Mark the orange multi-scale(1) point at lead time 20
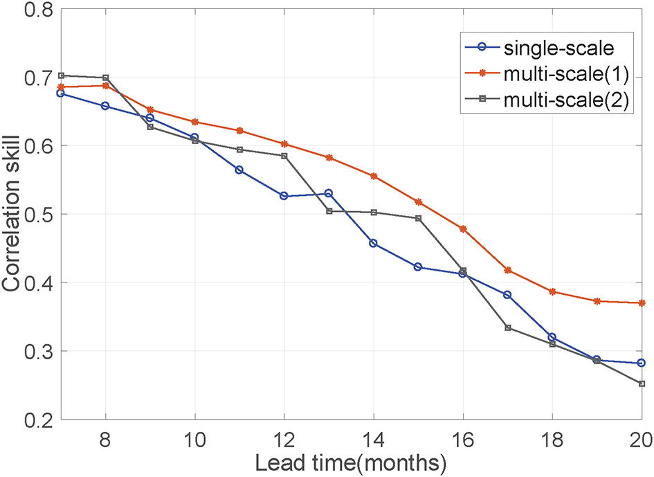[x=642, y=303]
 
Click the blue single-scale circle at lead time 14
[x=374, y=243]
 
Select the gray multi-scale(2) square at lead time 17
[x=508, y=327]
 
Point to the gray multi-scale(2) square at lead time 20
[x=642, y=384]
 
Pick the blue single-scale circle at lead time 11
[x=239, y=170]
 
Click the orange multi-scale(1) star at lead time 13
[x=329, y=158]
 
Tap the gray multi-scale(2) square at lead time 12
[x=284, y=156]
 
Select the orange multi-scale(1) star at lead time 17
[x=508, y=270]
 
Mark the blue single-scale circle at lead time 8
[x=105, y=106]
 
